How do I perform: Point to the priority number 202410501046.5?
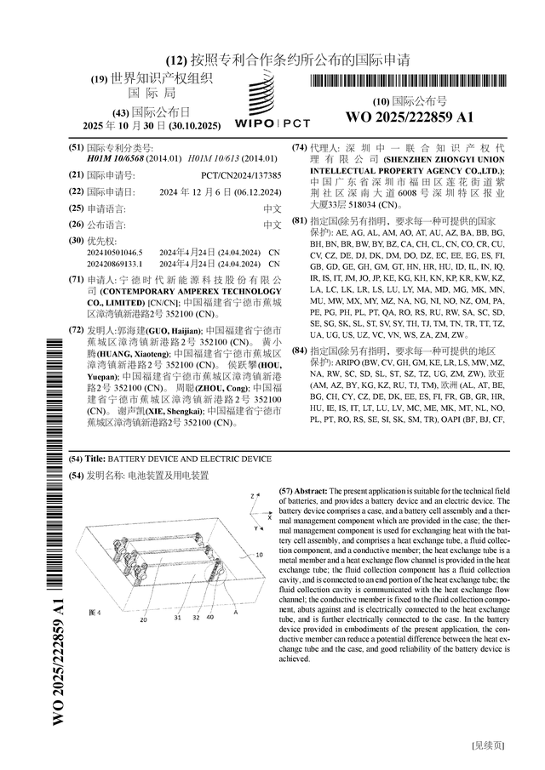point(112,253)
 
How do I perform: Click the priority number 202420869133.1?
point(112,265)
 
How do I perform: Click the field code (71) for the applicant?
point(76,279)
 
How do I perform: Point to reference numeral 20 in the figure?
point(143,619)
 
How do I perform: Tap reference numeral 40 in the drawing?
point(209,619)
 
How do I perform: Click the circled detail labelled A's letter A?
point(235,612)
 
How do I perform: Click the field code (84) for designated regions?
point(300,351)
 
